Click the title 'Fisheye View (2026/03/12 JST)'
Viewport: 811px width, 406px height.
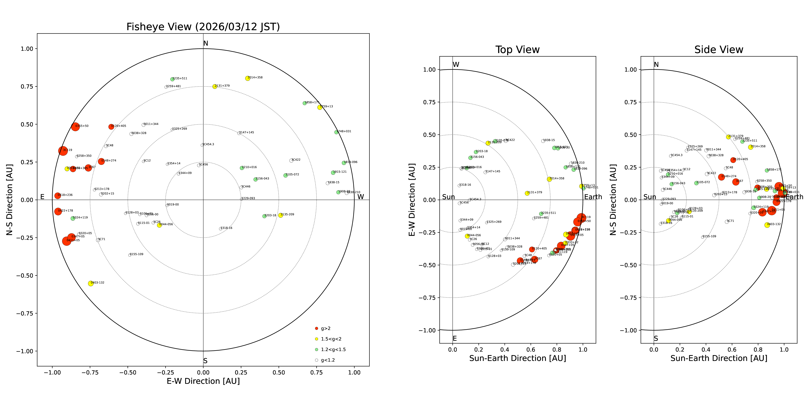pyautogui.click(x=203, y=27)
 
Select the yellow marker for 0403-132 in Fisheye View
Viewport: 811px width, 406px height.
pyautogui.click(x=91, y=283)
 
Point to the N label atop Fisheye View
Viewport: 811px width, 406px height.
pyautogui.click(x=206, y=43)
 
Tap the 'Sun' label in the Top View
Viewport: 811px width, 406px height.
pyautogui.click(x=448, y=197)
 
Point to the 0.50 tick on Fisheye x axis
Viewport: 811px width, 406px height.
pyautogui.click(x=279, y=373)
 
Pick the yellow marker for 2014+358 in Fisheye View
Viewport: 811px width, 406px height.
pyautogui.click(x=247, y=78)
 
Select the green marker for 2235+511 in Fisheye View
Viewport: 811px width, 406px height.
pyautogui.click(x=172, y=79)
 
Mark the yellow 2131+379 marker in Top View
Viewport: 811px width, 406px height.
pyautogui.click(x=527, y=193)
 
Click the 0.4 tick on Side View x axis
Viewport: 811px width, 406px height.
pyautogui.click(x=706, y=350)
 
